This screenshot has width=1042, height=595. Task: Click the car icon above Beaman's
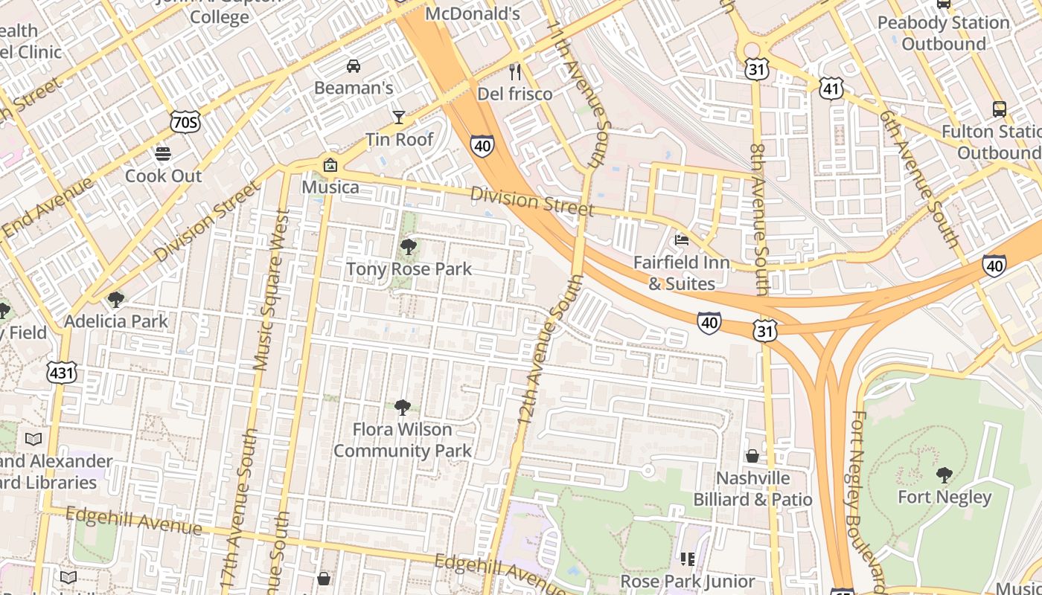point(354,66)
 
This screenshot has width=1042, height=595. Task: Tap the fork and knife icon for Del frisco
point(514,72)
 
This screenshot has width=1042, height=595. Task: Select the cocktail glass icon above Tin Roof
point(399,118)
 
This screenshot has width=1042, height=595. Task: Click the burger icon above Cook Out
point(163,154)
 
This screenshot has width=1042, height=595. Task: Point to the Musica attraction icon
point(330,165)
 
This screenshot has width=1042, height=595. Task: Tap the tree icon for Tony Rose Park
point(408,247)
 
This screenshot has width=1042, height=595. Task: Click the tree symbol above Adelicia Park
point(115,300)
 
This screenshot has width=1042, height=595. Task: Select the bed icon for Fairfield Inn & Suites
point(681,240)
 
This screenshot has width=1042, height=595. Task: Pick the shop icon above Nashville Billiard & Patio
point(752,456)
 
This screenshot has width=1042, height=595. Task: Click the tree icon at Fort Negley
point(944,475)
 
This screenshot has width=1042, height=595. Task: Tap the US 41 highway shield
point(831,89)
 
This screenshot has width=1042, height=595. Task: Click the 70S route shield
point(185,122)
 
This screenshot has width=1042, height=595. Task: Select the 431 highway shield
point(61,372)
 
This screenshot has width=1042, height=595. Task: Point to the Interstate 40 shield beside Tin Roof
point(482,146)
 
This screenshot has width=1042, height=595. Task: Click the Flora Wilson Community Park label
point(403,440)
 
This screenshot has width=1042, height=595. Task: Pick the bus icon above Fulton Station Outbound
point(1000,109)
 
